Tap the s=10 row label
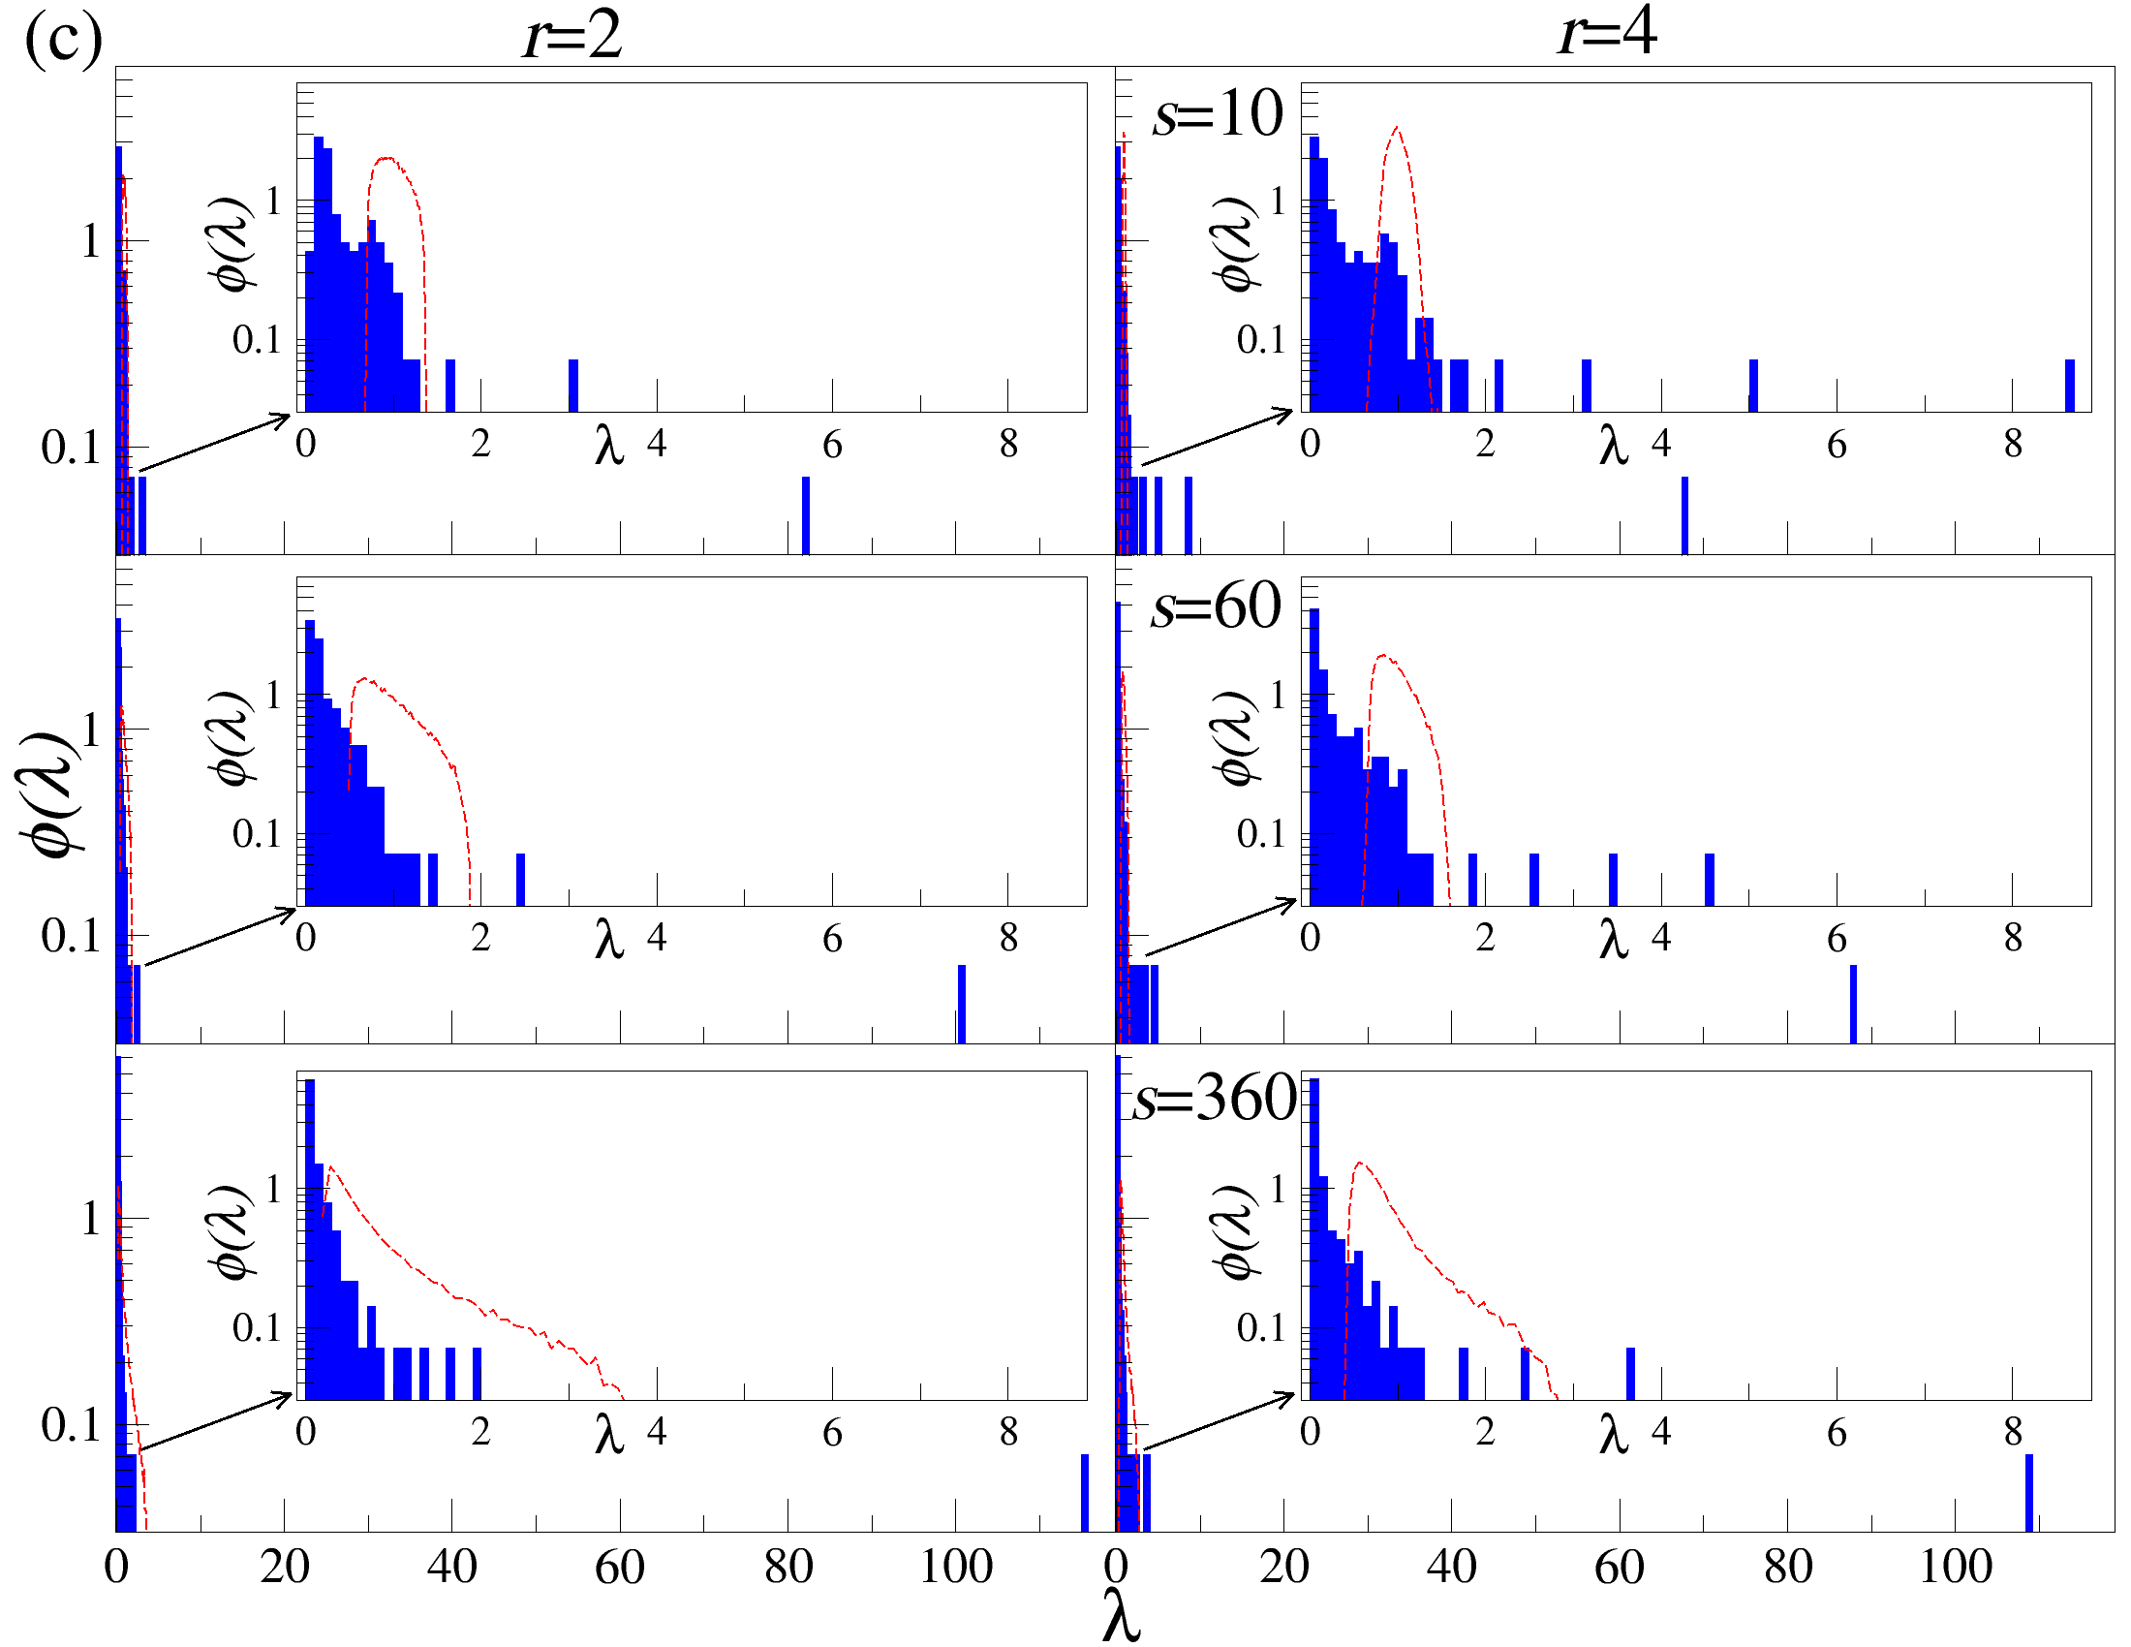tap(1217, 114)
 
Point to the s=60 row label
tap(1215, 606)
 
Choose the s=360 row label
tap(1215, 1099)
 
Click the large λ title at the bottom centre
tap(1121, 1615)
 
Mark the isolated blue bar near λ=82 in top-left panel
tap(806, 514)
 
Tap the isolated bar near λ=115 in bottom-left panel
tap(1085, 1492)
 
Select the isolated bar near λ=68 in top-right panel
tap(1685, 514)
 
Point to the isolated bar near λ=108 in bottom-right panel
tap(2029, 1492)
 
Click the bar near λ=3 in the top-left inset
tap(573, 386)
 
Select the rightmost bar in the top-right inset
tap(2070, 386)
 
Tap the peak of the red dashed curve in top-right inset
tap(1397, 128)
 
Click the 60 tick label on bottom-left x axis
tap(620, 1567)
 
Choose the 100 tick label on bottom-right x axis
tap(1956, 1567)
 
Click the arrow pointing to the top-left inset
tap(215, 444)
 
